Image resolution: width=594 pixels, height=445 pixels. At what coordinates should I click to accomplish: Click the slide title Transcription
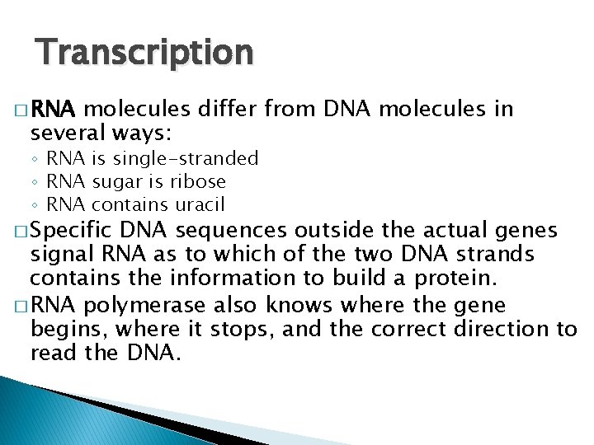tap(144, 53)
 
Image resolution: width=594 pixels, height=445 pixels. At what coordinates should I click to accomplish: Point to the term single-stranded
tap(186, 158)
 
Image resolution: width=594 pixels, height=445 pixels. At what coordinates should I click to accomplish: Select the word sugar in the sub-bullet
tap(115, 181)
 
